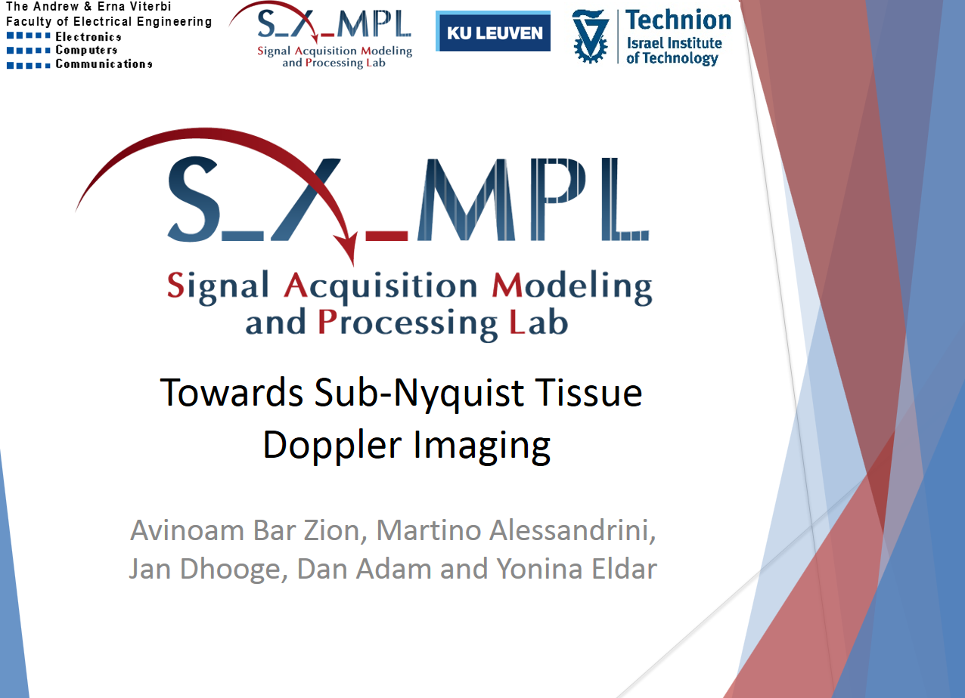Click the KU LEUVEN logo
pyautogui.click(x=493, y=31)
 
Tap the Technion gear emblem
pyautogui.click(x=590, y=36)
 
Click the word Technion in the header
pyautogui.click(x=678, y=20)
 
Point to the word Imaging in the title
pyautogui.click(x=482, y=446)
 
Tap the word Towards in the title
pyautogui.click(x=231, y=392)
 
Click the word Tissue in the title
pyautogui.click(x=588, y=392)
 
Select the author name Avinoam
pyautogui.click(x=188, y=530)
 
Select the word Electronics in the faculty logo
pyautogui.click(x=88, y=36)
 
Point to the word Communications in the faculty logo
pyautogui.click(x=104, y=63)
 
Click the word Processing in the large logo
pyautogui.click(x=408, y=323)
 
